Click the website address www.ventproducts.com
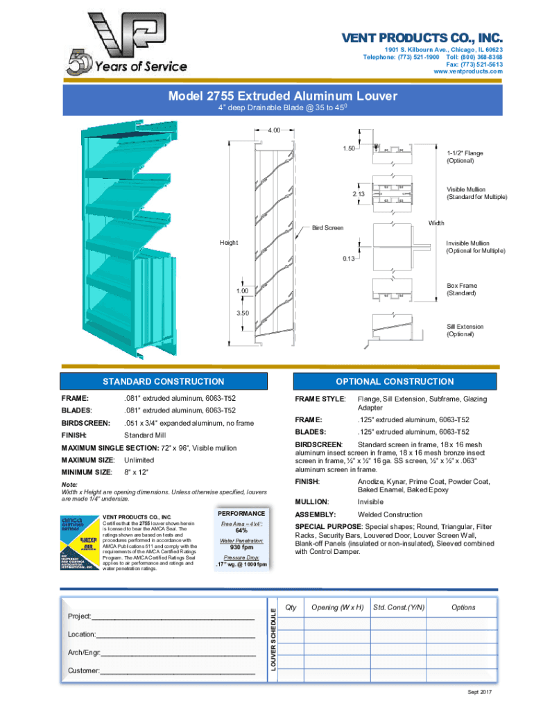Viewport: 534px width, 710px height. pos(467,72)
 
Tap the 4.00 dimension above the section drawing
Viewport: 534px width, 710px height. pos(275,130)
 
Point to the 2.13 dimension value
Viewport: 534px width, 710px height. pos(358,193)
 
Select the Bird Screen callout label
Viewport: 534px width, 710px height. pos(327,227)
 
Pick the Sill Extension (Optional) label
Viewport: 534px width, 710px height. pos(465,330)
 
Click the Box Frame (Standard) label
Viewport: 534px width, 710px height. pos(462,289)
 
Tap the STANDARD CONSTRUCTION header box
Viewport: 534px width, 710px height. pos(163,381)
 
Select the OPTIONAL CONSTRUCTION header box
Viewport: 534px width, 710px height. pos(395,381)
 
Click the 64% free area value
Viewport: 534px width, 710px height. pos(241,530)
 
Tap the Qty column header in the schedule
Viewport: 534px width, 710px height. pos(291,607)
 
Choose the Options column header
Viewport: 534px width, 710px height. pos(463,607)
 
